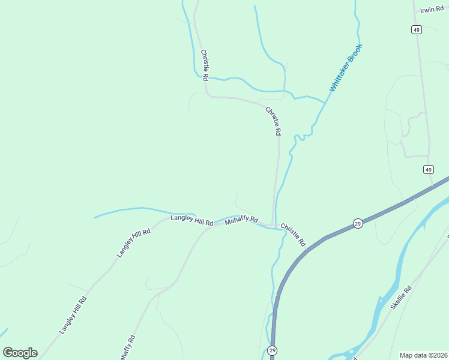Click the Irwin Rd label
coord(431,10)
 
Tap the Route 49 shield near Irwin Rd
coord(416,29)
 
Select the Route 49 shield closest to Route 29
coord(427,170)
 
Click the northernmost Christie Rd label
coord(204,65)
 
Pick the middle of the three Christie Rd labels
coord(273,121)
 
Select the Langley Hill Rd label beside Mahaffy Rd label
coord(191,220)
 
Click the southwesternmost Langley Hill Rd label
coord(73,315)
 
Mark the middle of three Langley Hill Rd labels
coord(133,242)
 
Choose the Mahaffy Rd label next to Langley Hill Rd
coord(241,221)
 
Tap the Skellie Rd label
coord(400,297)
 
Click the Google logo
coord(20,353)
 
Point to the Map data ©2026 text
coord(423,355)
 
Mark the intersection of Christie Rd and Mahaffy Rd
coord(274,226)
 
